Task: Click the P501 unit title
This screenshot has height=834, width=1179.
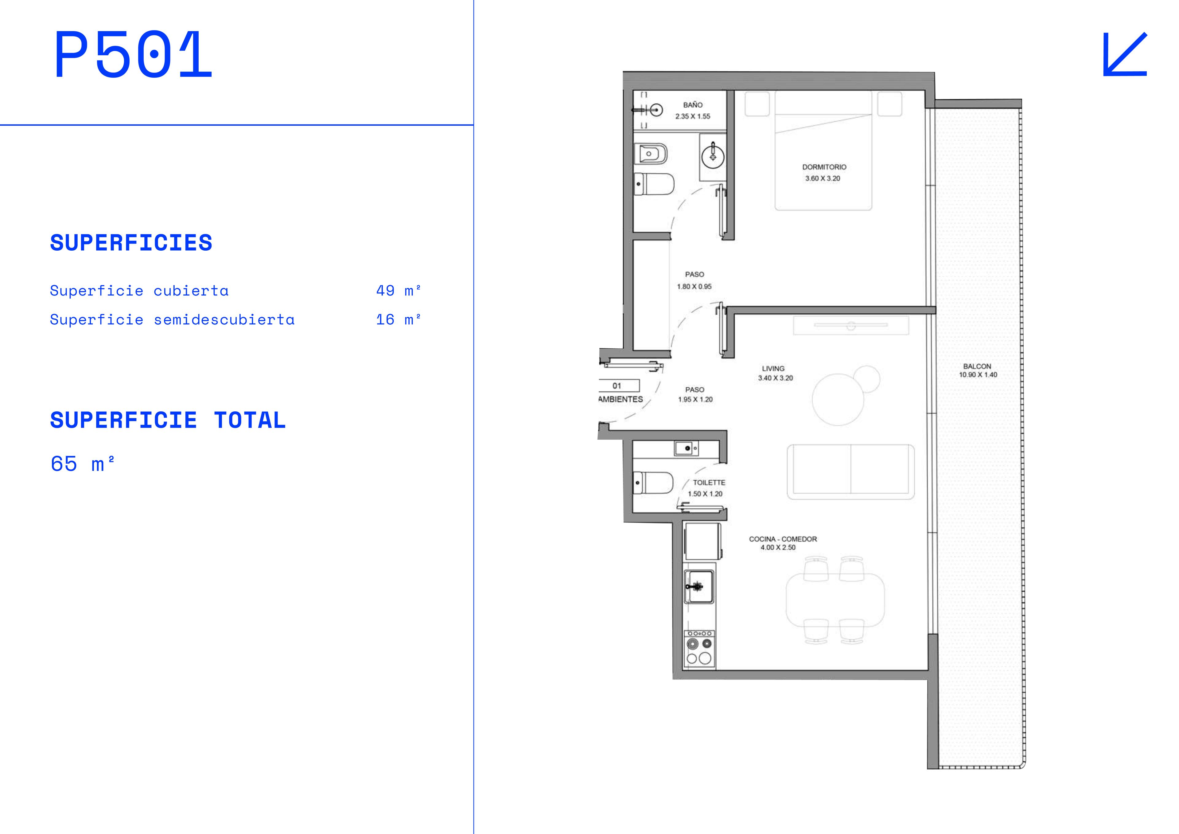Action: (x=133, y=54)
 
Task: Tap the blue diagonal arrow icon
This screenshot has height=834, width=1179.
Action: (x=1125, y=54)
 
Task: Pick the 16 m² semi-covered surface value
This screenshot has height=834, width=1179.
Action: (x=399, y=319)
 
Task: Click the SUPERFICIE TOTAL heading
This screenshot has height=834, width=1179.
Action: (x=167, y=420)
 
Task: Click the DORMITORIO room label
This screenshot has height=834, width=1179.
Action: (x=824, y=167)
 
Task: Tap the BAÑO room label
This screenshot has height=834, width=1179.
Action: (x=693, y=105)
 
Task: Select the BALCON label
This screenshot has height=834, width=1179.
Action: (x=977, y=366)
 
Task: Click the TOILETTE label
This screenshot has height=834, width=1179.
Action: (x=709, y=483)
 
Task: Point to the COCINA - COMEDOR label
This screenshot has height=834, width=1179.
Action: (x=783, y=539)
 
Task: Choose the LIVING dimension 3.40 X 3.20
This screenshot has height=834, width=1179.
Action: (x=775, y=378)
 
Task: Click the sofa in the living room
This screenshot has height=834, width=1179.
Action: (x=851, y=472)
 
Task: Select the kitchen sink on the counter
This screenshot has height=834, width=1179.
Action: (x=699, y=586)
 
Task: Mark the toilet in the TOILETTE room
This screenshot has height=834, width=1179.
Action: (x=653, y=483)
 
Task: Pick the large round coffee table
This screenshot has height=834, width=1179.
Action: (x=838, y=399)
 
